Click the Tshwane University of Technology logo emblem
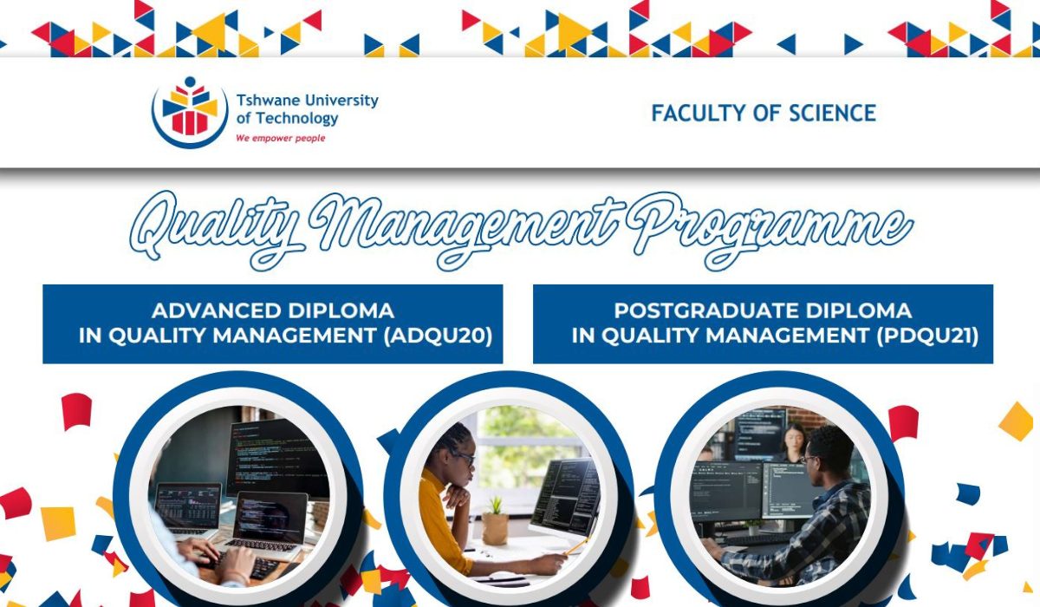point(190,110)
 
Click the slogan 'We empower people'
point(281,138)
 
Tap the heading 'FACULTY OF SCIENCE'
point(764,113)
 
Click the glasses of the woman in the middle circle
point(464,457)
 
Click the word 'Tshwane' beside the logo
point(265,101)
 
